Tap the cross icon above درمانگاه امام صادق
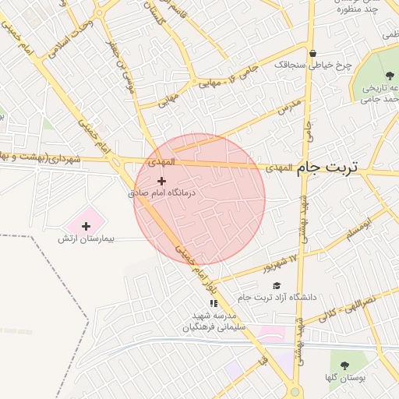(x=161, y=181)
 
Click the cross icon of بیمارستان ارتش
(x=86, y=226)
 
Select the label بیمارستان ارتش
(x=86, y=238)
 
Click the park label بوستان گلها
(x=344, y=378)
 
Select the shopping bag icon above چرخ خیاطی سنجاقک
(x=313, y=54)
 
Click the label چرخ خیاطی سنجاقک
(x=313, y=65)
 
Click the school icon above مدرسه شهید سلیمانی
(x=214, y=303)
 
